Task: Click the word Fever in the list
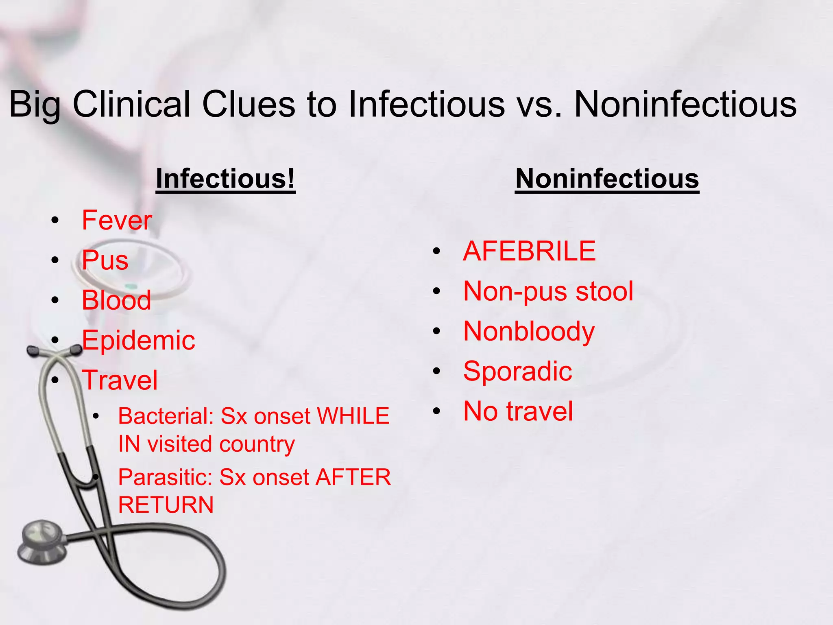pyautogui.click(x=117, y=220)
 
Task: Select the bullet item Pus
pyautogui.click(x=105, y=260)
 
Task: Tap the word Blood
pyautogui.click(x=116, y=300)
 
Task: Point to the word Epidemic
pyautogui.click(x=138, y=340)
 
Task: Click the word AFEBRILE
pyautogui.click(x=529, y=251)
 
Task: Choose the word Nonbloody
pyautogui.click(x=529, y=331)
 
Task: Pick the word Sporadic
pyautogui.click(x=517, y=371)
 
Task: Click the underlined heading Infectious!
pyautogui.click(x=225, y=179)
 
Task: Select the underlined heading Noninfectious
pyautogui.click(x=607, y=179)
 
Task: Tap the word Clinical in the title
pyautogui.click(x=131, y=104)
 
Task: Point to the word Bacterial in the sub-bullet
pyautogui.click(x=166, y=416)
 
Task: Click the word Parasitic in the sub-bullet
pyautogui.click(x=166, y=477)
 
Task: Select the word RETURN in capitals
pyautogui.click(x=166, y=505)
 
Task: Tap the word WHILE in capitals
pyautogui.click(x=353, y=416)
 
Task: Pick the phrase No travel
pyautogui.click(x=518, y=411)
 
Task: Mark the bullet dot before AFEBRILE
pyautogui.click(x=436, y=251)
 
